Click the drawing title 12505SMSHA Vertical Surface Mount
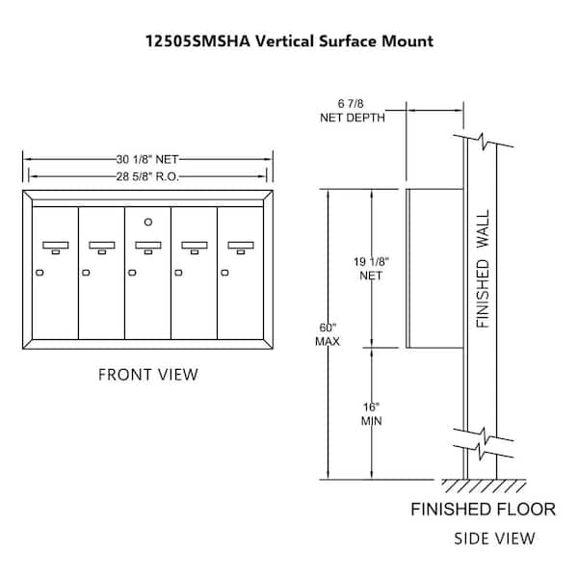point(289,40)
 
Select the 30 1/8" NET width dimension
point(147,159)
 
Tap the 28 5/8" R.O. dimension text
point(147,176)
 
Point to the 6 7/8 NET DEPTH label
point(352,111)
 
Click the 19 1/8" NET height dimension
point(371,269)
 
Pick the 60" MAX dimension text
point(328,334)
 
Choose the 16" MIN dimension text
point(371,413)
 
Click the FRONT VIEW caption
point(148,375)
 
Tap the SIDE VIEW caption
point(494,539)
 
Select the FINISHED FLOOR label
point(484,509)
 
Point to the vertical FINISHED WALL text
point(483,269)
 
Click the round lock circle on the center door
point(148,222)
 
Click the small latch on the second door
point(86,273)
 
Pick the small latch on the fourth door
point(178,273)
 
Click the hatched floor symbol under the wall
point(484,486)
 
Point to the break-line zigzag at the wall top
point(484,142)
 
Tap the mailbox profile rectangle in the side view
point(434,269)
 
